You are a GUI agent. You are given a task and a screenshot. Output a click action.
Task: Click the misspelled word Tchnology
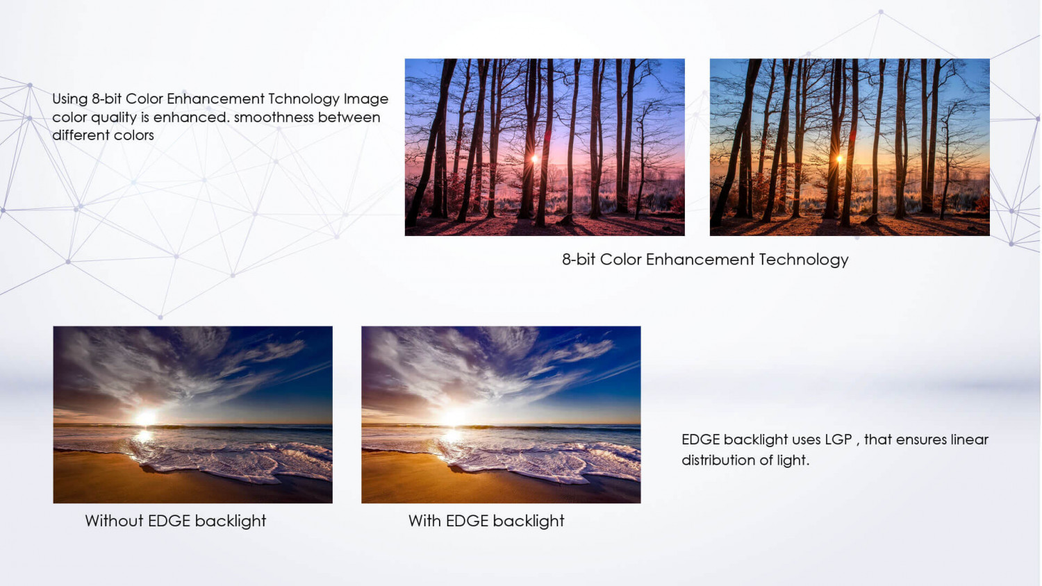click(304, 99)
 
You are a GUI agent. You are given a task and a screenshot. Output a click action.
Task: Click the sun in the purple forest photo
click(535, 159)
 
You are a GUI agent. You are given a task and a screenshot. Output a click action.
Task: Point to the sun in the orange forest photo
click(840, 159)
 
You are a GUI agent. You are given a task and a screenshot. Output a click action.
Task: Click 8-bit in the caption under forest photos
click(578, 260)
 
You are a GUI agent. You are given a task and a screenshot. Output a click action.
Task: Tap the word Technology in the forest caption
click(803, 260)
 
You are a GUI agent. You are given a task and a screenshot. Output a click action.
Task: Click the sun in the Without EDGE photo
click(146, 418)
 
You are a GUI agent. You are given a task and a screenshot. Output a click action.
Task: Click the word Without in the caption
click(114, 521)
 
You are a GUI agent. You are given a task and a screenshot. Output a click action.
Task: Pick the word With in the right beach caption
click(424, 521)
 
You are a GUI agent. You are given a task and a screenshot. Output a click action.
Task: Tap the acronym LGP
click(838, 439)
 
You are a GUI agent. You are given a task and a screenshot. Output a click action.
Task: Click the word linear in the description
click(969, 439)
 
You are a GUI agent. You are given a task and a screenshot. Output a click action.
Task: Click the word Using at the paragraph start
click(69, 99)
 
